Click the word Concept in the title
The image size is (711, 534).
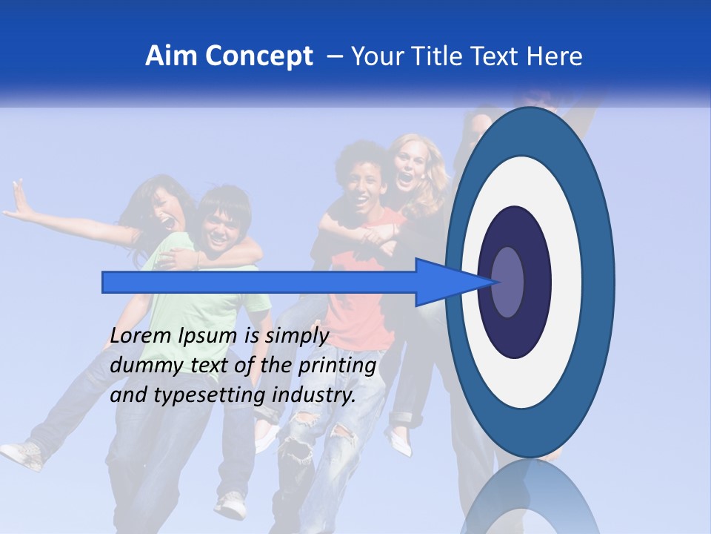(258, 56)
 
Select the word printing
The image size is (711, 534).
(337, 365)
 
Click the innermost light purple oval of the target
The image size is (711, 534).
(507, 282)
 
